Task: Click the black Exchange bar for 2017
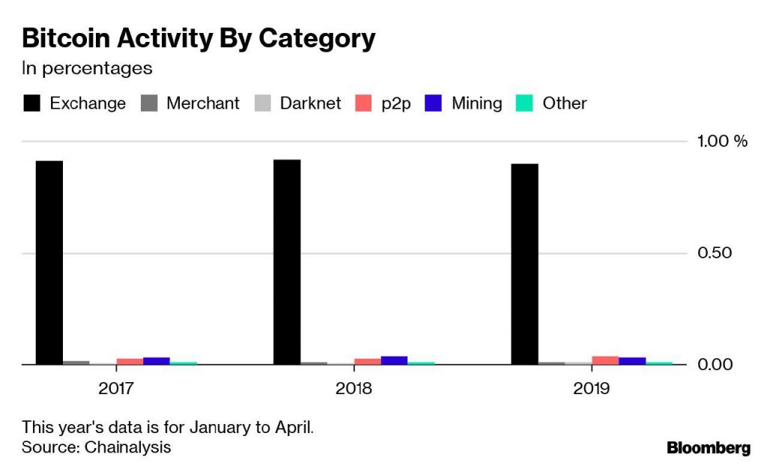click(49, 262)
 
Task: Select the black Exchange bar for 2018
click(287, 261)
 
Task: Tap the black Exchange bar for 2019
click(524, 264)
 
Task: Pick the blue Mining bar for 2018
click(394, 360)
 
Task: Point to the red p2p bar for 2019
click(605, 360)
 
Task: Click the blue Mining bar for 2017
click(157, 361)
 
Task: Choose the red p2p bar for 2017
click(130, 362)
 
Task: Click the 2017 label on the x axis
click(116, 388)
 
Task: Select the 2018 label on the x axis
click(354, 388)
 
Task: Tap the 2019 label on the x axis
click(592, 388)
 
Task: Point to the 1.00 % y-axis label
click(722, 141)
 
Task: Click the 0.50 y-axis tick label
click(715, 252)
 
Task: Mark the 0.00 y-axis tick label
click(715, 365)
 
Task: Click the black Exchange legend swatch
click(31, 103)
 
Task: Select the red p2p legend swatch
click(363, 103)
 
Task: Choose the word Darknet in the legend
click(310, 103)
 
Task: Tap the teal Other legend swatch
click(524, 103)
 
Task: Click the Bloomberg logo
click(709, 448)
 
